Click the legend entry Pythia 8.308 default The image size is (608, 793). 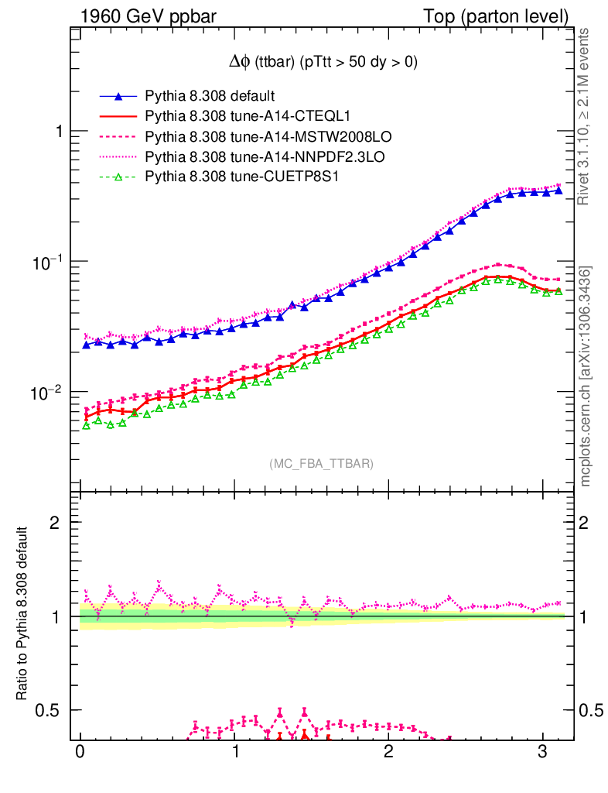click(210, 97)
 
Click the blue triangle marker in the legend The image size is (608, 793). click(118, 97)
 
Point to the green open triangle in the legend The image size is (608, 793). click(118, 177)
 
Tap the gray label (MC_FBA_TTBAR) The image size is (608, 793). click(321, 463)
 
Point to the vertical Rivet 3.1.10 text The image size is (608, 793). click(585, 116)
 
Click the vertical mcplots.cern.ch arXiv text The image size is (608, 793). click(586, 377)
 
